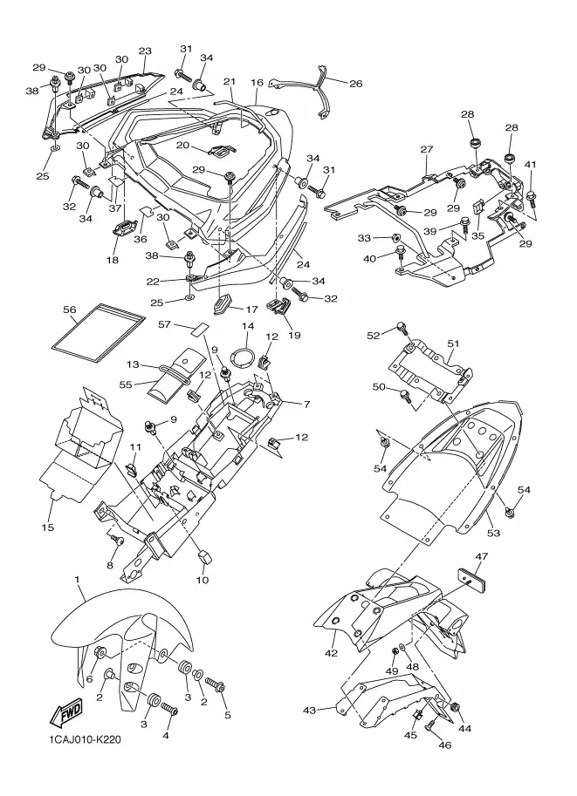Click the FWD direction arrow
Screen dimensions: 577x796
tap(65, 715)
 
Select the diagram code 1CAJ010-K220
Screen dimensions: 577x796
tap(85, 739)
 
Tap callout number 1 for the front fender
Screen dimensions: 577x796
tap(77, 579)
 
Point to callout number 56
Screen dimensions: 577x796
tap(69, 310)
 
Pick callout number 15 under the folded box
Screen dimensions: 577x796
tap(47, 527)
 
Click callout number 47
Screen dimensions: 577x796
tap(481, 556)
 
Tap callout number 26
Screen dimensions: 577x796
tap(356, 83)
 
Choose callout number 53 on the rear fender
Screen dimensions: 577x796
tap(493, 533)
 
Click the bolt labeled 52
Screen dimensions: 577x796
tap(402, 328)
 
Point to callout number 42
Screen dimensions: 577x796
tap(331, 653)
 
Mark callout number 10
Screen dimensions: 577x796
tap(203, 580)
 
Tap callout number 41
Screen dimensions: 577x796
tap(530, 165)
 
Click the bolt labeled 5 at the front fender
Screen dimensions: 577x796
tap(216, 686)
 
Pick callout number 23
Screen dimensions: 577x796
tap(145, 51)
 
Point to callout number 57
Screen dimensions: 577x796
tap(164, 323)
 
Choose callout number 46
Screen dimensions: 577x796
tap(444, 745)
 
